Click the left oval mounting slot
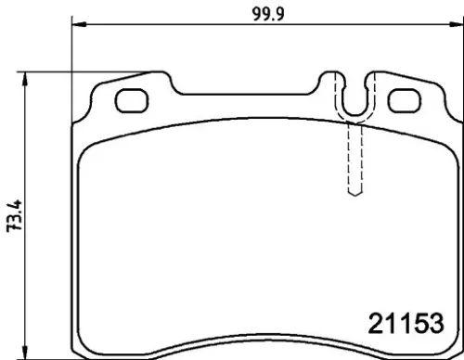pos(132,96)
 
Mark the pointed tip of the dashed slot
pos(353,194)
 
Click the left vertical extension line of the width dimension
pos(72,56)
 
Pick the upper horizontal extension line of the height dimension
pos(56,73)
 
